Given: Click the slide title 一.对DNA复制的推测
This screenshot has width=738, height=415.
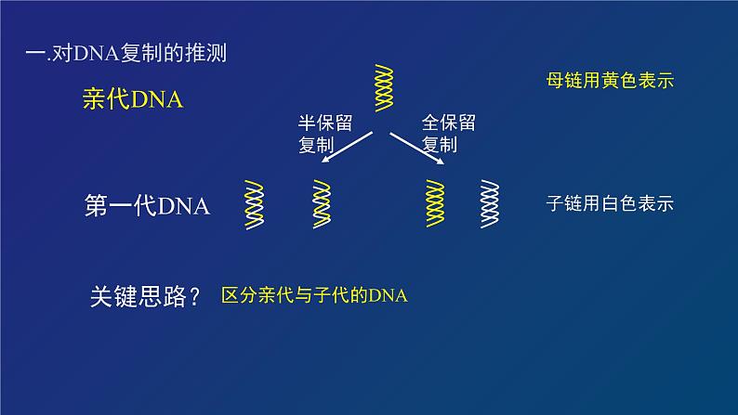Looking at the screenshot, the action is click(125, 54).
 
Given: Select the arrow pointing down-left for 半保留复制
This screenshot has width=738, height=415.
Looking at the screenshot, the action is click(346, 149).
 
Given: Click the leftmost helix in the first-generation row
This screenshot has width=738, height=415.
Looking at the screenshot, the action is click(254, 204).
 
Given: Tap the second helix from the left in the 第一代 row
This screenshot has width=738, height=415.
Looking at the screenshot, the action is click(321, 204).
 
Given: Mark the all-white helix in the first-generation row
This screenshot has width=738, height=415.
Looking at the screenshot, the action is click(489, 204).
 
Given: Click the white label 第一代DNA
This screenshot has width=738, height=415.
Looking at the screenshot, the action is click(147, 205).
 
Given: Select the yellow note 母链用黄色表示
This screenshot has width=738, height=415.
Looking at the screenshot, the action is click(610, 82).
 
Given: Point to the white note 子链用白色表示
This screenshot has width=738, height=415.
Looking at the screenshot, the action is click(610, 204).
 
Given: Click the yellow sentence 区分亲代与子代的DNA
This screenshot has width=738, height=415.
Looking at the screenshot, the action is click(315, 296).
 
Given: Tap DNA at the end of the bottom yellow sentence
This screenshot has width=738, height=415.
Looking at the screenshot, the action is click(389, 296).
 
